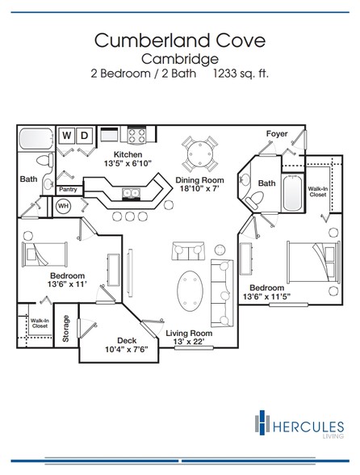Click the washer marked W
pyautogui.click(x=67, y=135)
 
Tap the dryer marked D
pyautogui.click(x=84, y=135)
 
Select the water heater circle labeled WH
pyautogui.click(x=63, y=206)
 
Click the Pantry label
pyautogui.click(x=68, y=189)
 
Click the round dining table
pyautogui.click(x=200, y=153)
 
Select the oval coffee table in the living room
pyautogui.click(x=190, y=291)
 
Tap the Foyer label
pyautogui.click(x=277, y=133)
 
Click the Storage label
pyautogui.click(x=65, y=328)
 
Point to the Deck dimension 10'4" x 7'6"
pyautogui.click(x=126, y=349)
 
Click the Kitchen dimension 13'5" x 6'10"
pyautogui.click(x=128, y=163)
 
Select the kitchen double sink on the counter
pyautogui.click(x=131, y=192)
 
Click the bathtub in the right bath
pyautogui.click(x=292, y=193)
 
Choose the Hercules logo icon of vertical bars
pyautogui.click(x=262, y=422)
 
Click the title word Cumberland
pyautogui.click(x=152, y=40)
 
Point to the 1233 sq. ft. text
pyautogui.click(x=241, y=74)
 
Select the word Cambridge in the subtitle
pyautogui.click(x=180, y=59)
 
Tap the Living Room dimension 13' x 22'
pyautogui.click(x=189, y=342)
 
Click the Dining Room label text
pyautogui.click(x=200, y=180)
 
